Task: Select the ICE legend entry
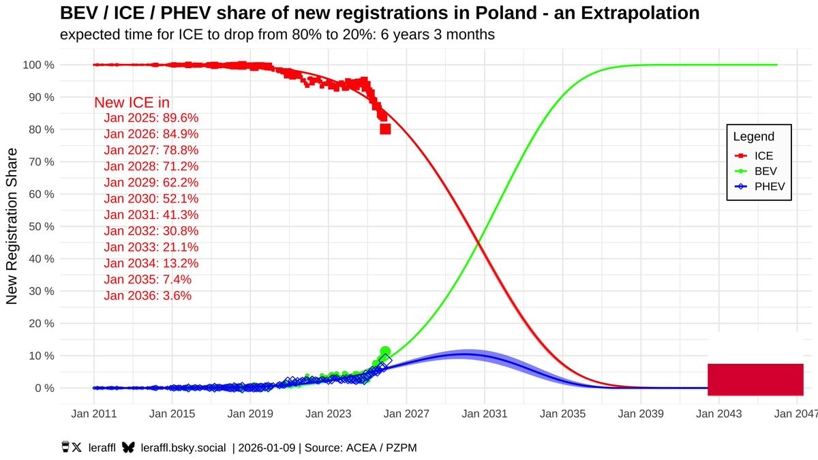[x=763, y=155]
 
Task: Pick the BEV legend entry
[x=765, y=170]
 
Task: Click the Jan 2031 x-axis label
[x=484, y=413]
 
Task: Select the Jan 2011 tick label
[x=94, y=413]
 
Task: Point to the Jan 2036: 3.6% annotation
[x=147, y=296]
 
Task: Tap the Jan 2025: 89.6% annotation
[x=151, y=118]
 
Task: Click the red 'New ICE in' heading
[x=132, y=103]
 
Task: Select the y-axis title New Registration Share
[x=12, y=226]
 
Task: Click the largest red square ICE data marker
[x=385, y=129]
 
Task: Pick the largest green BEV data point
[x=385, y=352]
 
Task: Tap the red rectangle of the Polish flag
[x=755, y=380]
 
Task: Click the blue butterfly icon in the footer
[x=128, y=448]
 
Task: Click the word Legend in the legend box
[x=753, y=137]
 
